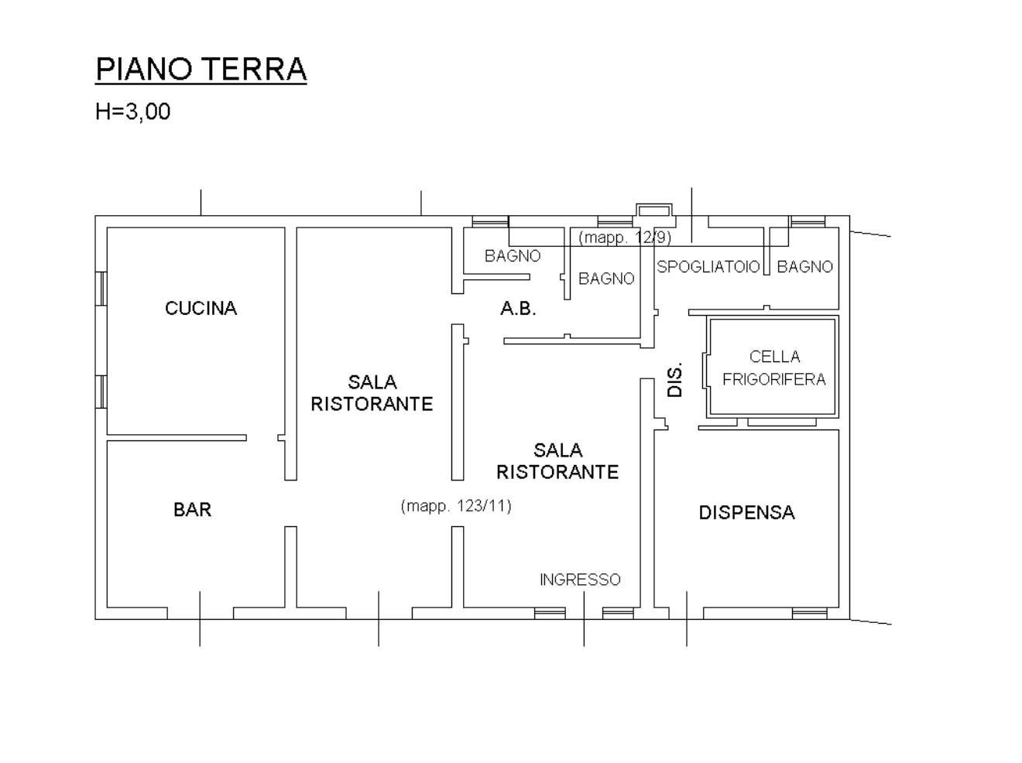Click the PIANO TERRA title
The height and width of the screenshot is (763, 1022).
201,70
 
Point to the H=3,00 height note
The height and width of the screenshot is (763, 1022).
132,111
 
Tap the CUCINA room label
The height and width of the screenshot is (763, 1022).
201,308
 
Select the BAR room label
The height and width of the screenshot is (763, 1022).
192,509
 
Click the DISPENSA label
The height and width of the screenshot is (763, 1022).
746,512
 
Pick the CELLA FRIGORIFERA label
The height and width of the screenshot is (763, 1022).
773,368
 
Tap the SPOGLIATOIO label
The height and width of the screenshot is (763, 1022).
708,266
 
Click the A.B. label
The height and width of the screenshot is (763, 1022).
518,309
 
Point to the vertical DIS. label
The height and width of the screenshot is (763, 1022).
674,380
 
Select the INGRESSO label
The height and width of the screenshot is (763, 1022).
580,580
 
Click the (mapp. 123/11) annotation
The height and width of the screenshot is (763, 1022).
456,506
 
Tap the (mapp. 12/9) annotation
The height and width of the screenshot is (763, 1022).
624,238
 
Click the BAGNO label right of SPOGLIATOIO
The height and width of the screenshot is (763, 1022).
804,266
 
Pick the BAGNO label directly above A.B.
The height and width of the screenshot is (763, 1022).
513,256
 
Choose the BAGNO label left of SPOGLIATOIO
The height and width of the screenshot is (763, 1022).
606,279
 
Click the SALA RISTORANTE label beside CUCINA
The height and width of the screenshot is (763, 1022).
372,393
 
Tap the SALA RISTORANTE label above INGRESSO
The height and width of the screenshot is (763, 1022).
557,461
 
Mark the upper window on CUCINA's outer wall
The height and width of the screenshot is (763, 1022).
101,289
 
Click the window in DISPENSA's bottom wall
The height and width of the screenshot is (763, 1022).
809,613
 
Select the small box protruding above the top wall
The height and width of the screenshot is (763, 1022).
654,210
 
